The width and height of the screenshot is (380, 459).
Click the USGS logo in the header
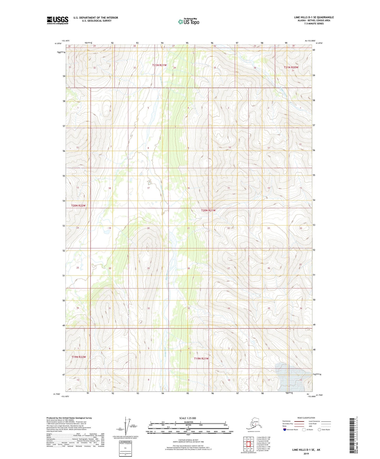point(57,20)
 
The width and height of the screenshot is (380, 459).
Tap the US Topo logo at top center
point(189,22)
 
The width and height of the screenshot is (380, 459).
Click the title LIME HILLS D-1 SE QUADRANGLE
point(314,17)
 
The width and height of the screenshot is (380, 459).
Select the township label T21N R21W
point(159,65)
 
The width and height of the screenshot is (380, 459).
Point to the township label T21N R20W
point(291,67)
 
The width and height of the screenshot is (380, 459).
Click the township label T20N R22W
point(78,206)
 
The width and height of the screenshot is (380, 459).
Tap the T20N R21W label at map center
point(208,210)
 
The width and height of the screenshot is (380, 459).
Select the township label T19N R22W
point(79,357)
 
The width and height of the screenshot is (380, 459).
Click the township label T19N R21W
point(201,359)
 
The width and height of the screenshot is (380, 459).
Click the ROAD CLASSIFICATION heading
point(306,418)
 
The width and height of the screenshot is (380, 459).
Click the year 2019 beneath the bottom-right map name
point(306,453)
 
